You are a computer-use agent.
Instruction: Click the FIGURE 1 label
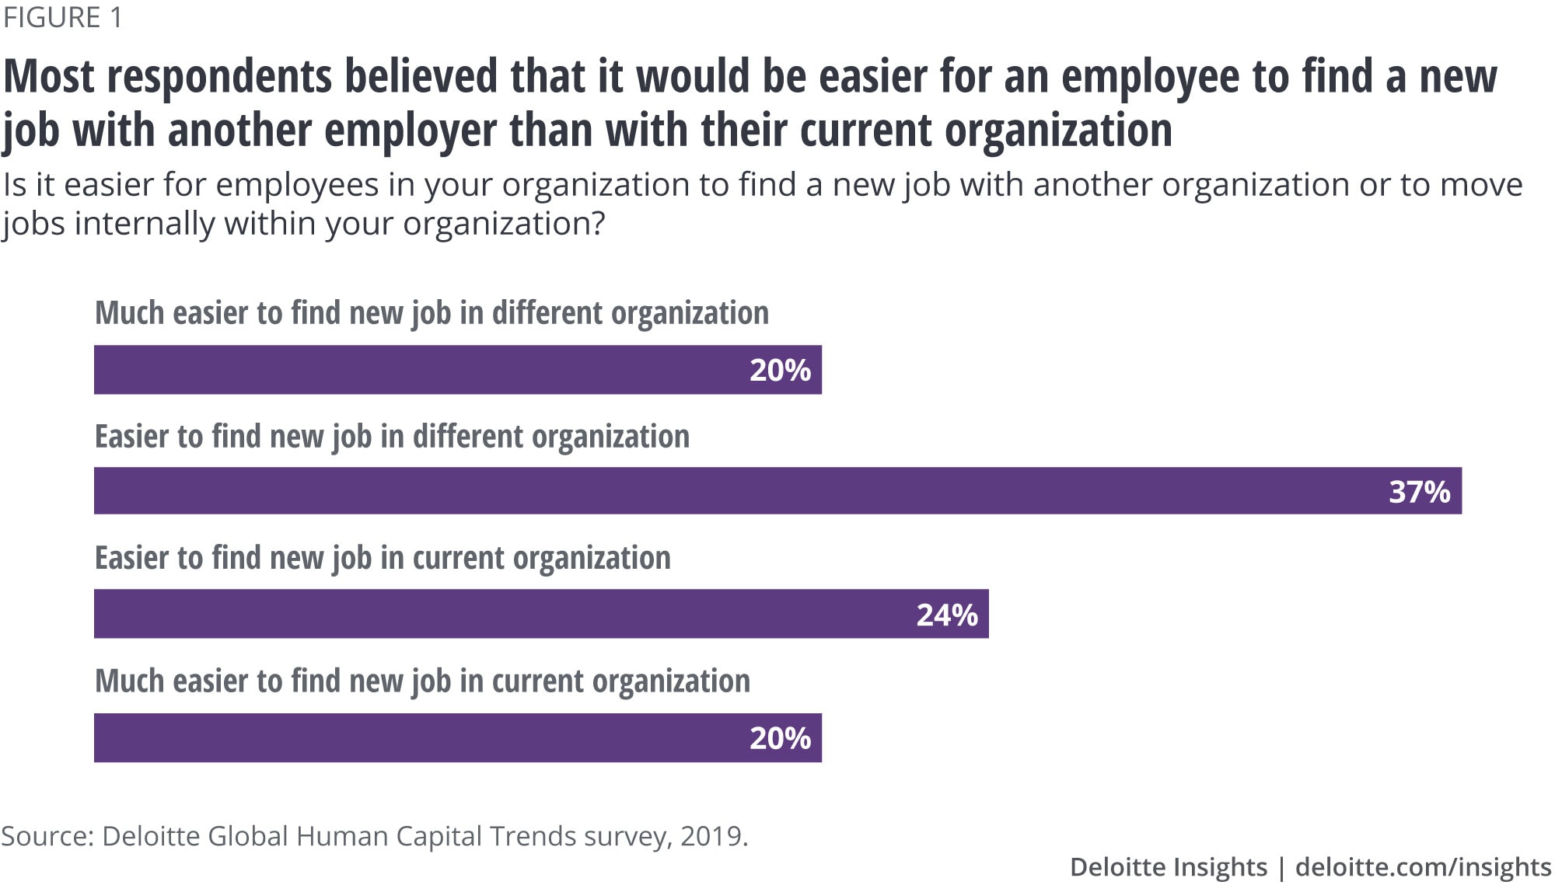pyautogui.click(x=63, y=17)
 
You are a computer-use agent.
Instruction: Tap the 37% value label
pyautogui.click(x=1419, y=492)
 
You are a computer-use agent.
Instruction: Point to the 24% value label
pyautogui.click(x=946, y=615)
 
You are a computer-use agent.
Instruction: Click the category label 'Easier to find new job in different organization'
pyautogui.click(x=392, y=437)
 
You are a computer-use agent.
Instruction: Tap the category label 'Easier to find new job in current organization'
pyautogui.click(x=383, y=558)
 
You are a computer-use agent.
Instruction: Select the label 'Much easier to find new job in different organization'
pyautogui.click(x=432, y=313)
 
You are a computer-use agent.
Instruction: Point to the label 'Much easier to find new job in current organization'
pyautogui.click(x=422, y=681)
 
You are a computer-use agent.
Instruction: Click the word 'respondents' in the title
pyautogui.click(x=219, y=77)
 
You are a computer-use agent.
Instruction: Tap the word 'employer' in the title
pyautogui.click(x=410, y=130)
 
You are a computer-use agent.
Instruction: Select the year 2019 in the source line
pyautogui.click(x=711, y=836)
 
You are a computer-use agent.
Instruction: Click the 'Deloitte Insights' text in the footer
pyautogui.click(x=1168, y=867)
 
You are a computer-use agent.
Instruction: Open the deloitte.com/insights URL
pyautogui.click(x=1423, y=867)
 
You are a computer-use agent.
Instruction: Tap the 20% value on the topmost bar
pyautogui.click(x=780, y=370)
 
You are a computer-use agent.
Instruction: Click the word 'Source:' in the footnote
pyautogui.click(x=47, y=836)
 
